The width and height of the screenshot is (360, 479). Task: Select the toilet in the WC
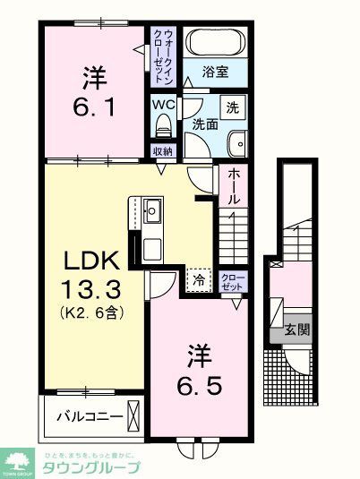pos(162,126)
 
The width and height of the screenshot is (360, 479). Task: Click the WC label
pos(162,104)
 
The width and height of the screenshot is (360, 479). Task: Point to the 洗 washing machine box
pos(232,108)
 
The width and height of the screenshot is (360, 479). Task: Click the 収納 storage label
pos(161,151)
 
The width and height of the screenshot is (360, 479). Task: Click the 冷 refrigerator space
pos(200,279)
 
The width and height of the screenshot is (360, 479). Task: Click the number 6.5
pos(199,386)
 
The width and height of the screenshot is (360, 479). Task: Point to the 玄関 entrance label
pos(297,329)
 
